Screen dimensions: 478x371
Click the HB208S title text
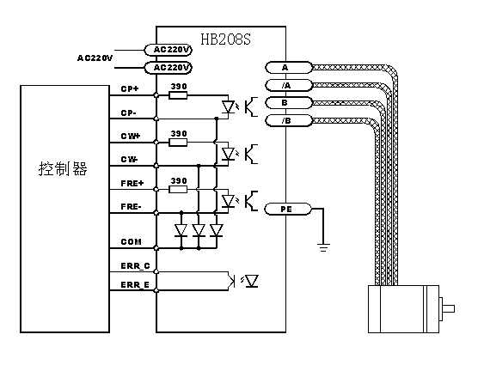tap(225, 40)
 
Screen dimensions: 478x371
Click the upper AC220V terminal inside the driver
tap(168, 50)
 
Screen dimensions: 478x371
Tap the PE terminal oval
tap(287, 210)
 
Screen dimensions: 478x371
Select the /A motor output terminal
tap(289, 85)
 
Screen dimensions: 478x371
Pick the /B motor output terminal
tap(289, 120)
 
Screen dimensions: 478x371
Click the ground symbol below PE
tap(323, 247)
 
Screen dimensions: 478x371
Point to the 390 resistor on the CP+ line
tap(178, 95)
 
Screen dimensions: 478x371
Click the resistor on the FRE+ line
tap(178, 190)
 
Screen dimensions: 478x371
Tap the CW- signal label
tap(129, 159)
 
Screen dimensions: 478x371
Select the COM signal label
tap(131, 242)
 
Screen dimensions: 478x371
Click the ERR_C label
tap(135, 266)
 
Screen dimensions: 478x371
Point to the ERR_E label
tap(135, 285)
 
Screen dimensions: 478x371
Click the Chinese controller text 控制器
tap(63, 168)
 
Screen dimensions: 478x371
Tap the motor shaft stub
tap(447, 309)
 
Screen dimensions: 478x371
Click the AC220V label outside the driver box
tap(95, 58)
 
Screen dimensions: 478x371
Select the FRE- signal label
tap(131, 206)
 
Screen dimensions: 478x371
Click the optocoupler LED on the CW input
tap(228, 154)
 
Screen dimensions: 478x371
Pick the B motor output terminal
tap(289, 103)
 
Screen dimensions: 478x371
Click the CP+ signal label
tap(130, 89)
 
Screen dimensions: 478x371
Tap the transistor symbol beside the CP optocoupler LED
tap(251, 106)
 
